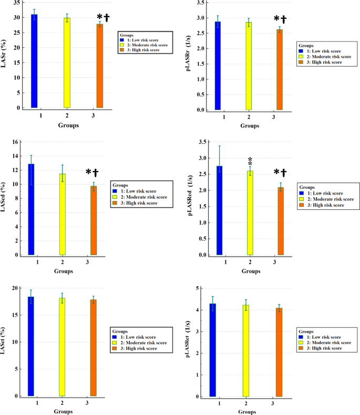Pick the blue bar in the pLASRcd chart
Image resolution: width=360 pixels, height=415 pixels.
(219, 210)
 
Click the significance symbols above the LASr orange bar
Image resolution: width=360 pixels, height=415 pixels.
(103, 17)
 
